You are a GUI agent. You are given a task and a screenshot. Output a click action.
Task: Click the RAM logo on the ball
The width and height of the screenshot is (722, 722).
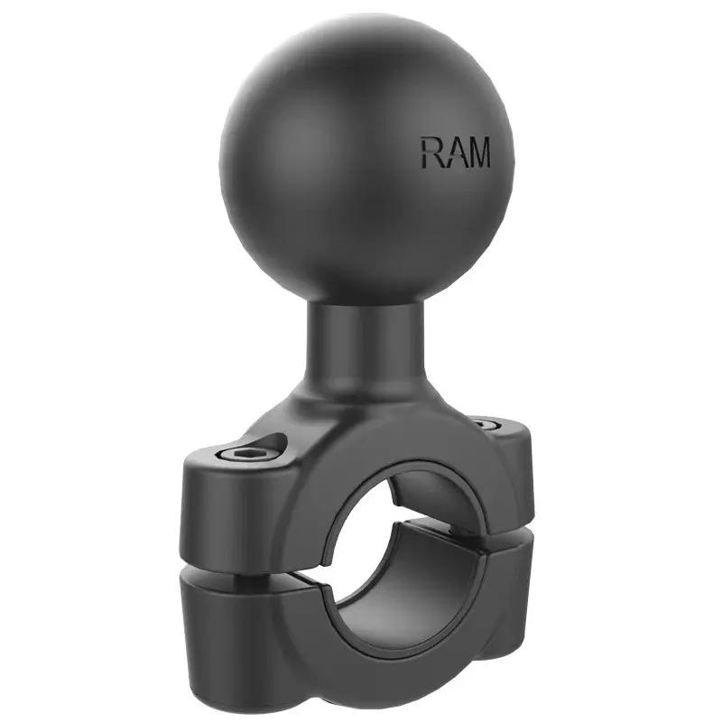tap(454, 153)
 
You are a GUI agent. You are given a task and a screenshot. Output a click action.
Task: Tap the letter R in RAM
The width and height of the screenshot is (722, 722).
tap(430, 153)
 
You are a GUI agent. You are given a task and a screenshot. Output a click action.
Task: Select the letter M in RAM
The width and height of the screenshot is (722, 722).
tap(477, 153)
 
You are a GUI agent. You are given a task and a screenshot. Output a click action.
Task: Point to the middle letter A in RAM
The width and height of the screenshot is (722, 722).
tap(454, 153)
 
